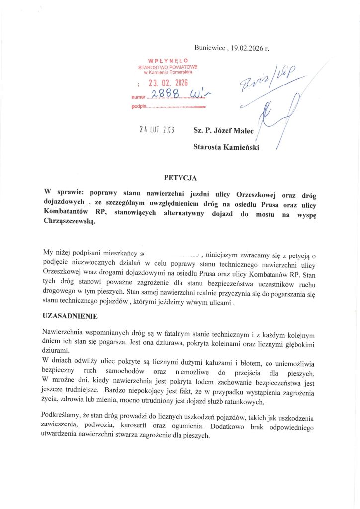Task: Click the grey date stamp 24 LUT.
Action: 153,130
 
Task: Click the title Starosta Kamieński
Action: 226,147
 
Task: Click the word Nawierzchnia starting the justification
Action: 65,331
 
